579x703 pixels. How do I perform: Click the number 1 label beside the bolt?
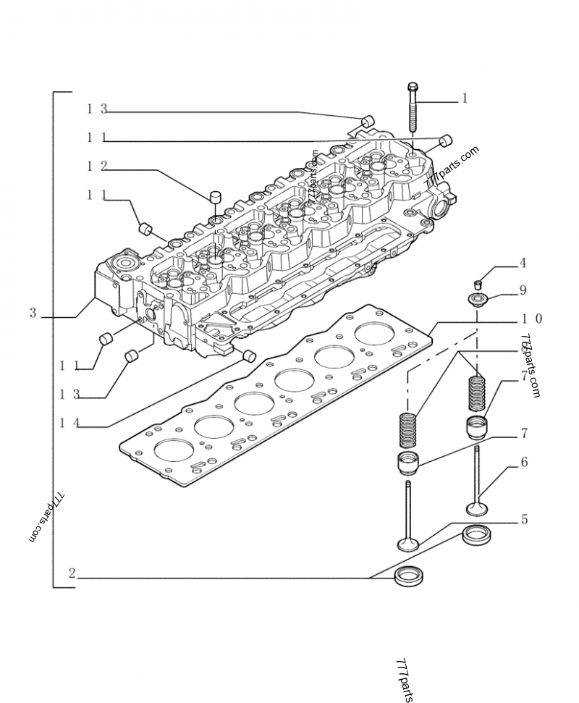point(464,98)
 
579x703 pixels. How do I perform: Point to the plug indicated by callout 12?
point(215,196)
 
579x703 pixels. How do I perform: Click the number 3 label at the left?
point(33,313)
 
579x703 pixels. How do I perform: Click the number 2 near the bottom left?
point(72,573)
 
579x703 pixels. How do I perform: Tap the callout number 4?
point(522,264)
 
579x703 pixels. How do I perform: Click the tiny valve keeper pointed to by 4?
point(478,282)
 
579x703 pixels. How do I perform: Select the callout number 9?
point(522,290)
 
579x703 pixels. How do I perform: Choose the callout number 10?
point(531,319)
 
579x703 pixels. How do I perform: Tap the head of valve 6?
point(476,507)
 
